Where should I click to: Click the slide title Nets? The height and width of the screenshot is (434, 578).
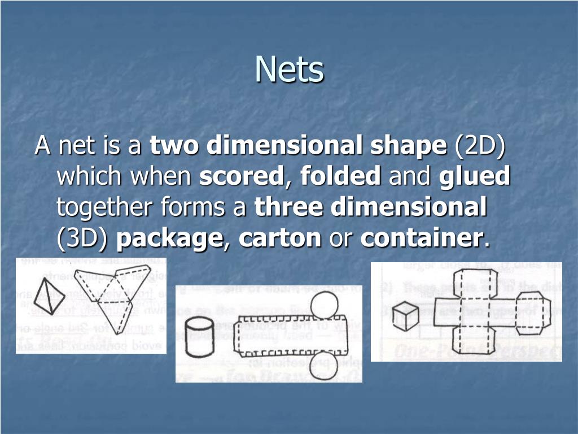pyautogui.click(x=290, y=70)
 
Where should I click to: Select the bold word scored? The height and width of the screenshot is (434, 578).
pyautogui.click(x=240, y=177)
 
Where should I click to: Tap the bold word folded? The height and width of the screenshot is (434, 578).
pyautogui.click(x=340, y=177)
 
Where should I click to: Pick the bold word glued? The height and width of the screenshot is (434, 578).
pyautogui.click(x=474, y=177)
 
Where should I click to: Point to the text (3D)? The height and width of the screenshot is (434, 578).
pyautogui.click(x=82, y=239)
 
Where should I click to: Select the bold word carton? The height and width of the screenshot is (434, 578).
pyautogui.click(x=279, y=239)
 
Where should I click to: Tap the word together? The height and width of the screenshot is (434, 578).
pyautogui.click(x=106, y=208)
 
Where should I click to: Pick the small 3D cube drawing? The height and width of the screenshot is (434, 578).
pyautogui.click(x=406, y=315)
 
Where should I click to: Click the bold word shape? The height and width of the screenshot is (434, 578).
pyautogui.click(x=408, y=146)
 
